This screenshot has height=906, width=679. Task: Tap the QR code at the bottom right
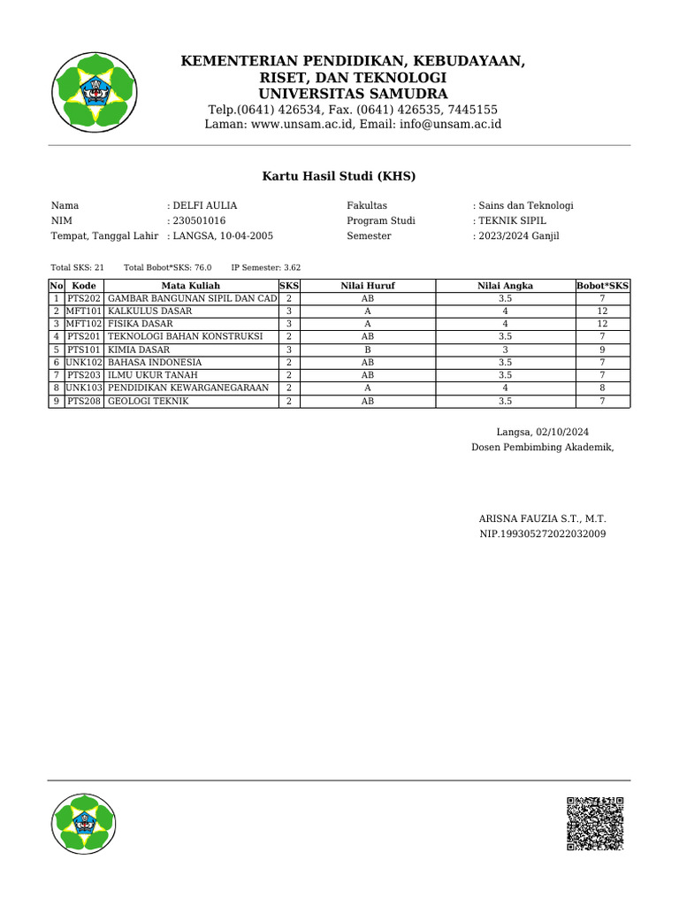[x=594, y=823]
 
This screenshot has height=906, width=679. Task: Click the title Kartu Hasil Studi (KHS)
[x=339, y=176]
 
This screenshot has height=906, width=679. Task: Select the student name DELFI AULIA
[x=204, y=205]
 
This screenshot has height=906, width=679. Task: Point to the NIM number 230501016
[x=199, y=221]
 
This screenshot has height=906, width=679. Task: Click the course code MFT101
[x=84, y=311]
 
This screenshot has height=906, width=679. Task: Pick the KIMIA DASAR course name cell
[x=139, y=349]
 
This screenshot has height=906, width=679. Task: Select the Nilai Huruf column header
[x=368, y=286]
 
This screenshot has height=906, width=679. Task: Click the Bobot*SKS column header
[x=602, y=286]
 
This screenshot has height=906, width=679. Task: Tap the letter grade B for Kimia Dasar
[x=368, y=349]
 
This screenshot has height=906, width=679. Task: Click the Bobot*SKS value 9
[x=602, y=349]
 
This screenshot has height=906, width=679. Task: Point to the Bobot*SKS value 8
[x=602, y=388]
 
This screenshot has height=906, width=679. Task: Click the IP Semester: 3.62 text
[x=266, y=266]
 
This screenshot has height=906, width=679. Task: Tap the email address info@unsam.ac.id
[x=450, y=124]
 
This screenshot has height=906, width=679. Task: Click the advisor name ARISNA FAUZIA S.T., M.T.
[x=542, y=518]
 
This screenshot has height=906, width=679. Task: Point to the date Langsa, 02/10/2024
[x=542, y=432]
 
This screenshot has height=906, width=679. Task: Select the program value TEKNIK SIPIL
[x=512, y=221]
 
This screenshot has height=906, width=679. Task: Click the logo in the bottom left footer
[x=84, y=825]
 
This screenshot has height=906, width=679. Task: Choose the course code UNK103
[x=84, y=388]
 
